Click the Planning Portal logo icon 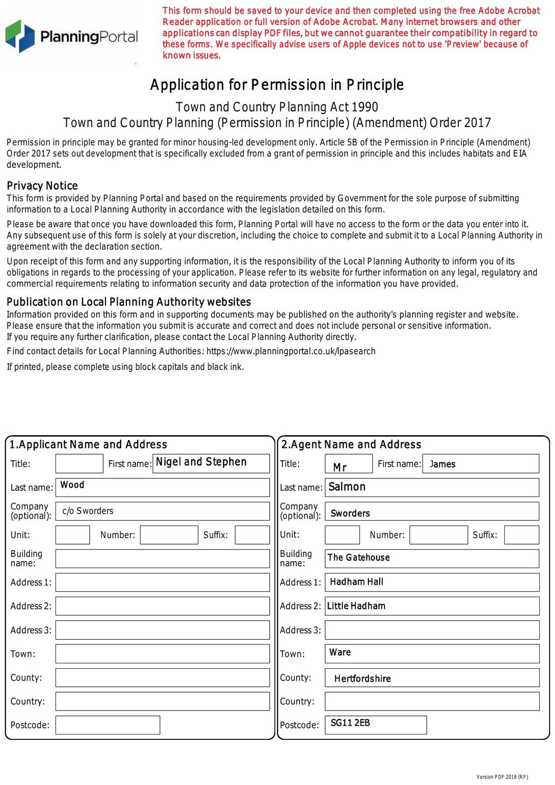(x=20, y=36)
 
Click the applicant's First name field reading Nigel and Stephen (x=211, y=463)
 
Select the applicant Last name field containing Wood (x=163, y=487)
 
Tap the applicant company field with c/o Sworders (x=163, y=511)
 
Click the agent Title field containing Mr (x=349, y=464)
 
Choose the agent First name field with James (x=480, y=464)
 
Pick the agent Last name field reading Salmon (x=432, y=487)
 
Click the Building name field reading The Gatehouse (x=432, y=558)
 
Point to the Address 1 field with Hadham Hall (x=432, y=582)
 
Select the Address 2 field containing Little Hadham (x=432, y=606)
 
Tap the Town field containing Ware (x=432, y=654)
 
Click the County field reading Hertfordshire (x=432, y=678)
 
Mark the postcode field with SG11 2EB (x=376, y=725)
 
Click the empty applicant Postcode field (x=108, y=725)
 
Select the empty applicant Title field (x=79, y=464)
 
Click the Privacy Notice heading (x=42, y=186)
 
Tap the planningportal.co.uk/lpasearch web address (x=291, y=351)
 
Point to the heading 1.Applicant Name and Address (x=88, y=445)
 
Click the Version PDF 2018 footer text (x=502, y=777)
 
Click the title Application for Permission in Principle (x=277, y=85)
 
